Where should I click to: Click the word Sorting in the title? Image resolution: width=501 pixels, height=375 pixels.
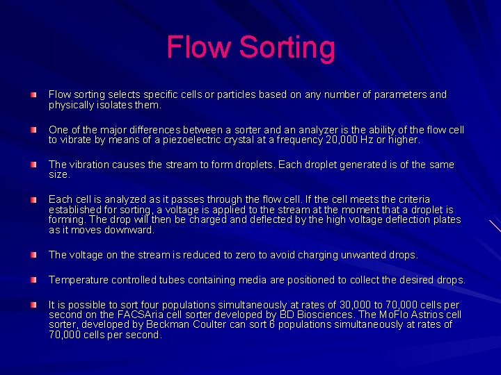click(287, 48)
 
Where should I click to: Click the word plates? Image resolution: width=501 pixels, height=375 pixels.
click(445, 219)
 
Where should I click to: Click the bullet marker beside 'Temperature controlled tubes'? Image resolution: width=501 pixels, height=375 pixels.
click(33, 280)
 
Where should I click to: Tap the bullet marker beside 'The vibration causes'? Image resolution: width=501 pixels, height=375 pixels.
click(33, 165)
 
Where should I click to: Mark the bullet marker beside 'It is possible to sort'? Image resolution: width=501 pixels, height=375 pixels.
click(33, 305)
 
